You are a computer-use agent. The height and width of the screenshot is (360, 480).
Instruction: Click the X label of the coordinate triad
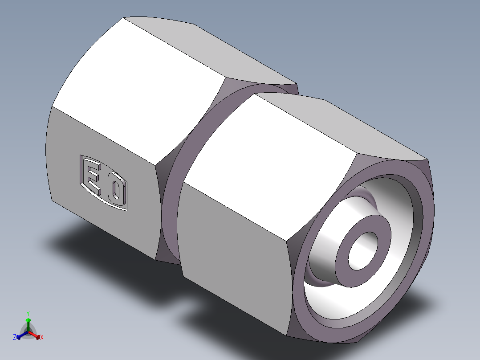click(x=42, y=338)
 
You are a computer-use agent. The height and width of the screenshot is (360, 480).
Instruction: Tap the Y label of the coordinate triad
click(x=28, y=313)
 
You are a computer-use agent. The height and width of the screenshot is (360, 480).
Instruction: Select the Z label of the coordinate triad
click(x=15, y=338)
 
